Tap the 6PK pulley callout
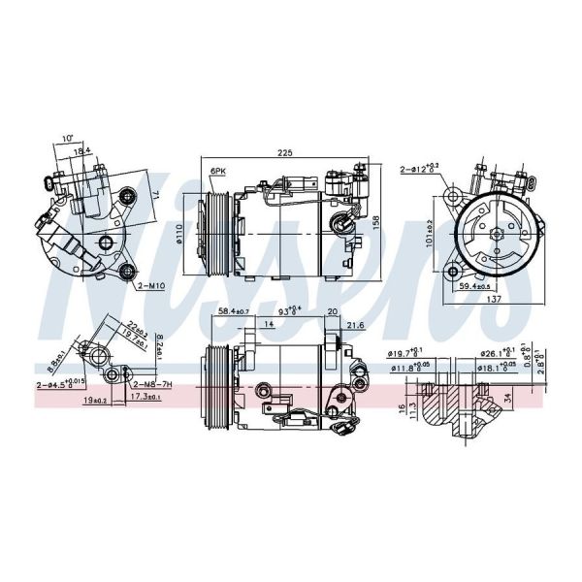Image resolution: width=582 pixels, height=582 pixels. tap(217, 171)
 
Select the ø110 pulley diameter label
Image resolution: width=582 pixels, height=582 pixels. tap(192, 235)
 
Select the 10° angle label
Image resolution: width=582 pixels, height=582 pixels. tap(67, 139)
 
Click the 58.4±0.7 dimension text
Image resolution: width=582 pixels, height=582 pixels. tap(233, 310)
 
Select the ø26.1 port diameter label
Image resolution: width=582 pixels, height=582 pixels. tap(497, 353)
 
